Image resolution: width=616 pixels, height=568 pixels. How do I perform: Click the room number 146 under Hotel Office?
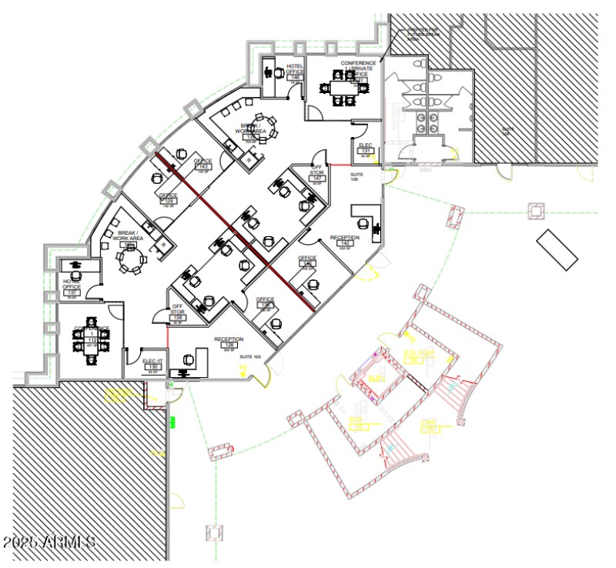point(294,78)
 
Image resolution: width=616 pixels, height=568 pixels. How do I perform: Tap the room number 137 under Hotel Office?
point(72,292)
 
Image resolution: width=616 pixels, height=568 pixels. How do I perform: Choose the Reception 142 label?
point(344,242)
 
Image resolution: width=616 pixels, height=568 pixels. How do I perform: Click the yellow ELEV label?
point(377,379)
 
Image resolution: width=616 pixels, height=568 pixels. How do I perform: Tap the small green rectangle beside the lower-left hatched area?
point(173,421)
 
